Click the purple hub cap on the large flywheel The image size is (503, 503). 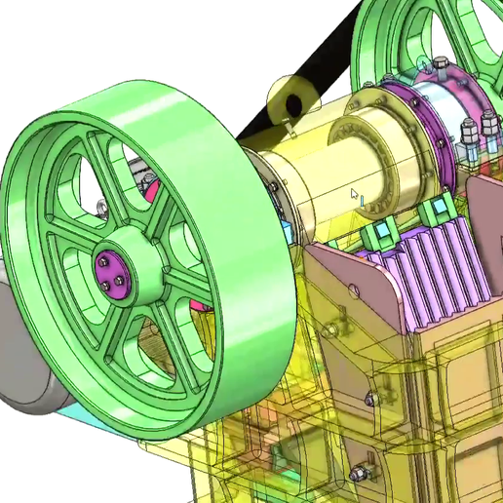point(110,271)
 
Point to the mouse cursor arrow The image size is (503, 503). point(356,193)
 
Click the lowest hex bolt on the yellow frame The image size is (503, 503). point(359,476)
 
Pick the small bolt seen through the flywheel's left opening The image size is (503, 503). point(100,206)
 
